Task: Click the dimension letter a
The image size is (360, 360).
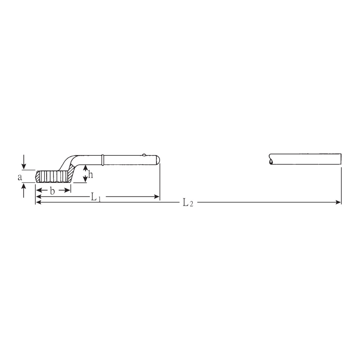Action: [20, 177]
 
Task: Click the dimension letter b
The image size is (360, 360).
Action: [52, 191]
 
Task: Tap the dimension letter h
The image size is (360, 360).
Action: [91, 175]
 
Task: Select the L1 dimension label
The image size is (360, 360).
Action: [96, 197]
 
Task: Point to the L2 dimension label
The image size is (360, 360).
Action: [188, 203]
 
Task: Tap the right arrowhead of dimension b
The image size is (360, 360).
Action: [67, 190]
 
